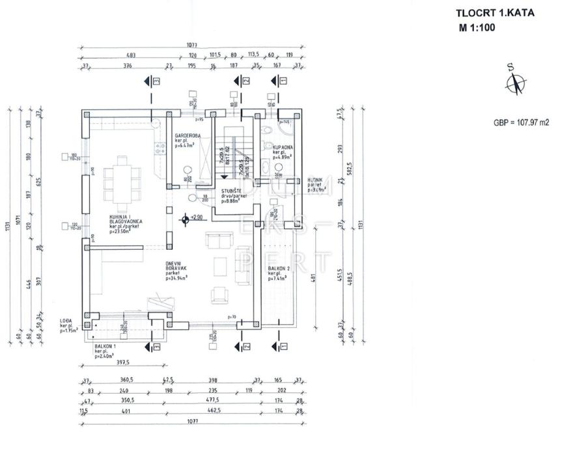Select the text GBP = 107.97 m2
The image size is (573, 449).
pos(521,122)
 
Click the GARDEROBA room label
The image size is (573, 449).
pos(187,135)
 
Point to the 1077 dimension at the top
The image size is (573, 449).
pos(190,46)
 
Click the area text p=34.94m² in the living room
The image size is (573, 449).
pos(176,278)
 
